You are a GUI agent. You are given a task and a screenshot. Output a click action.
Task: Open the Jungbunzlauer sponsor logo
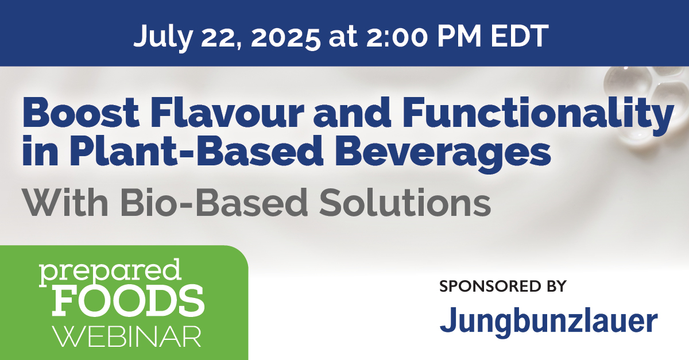tap(548, 322)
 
